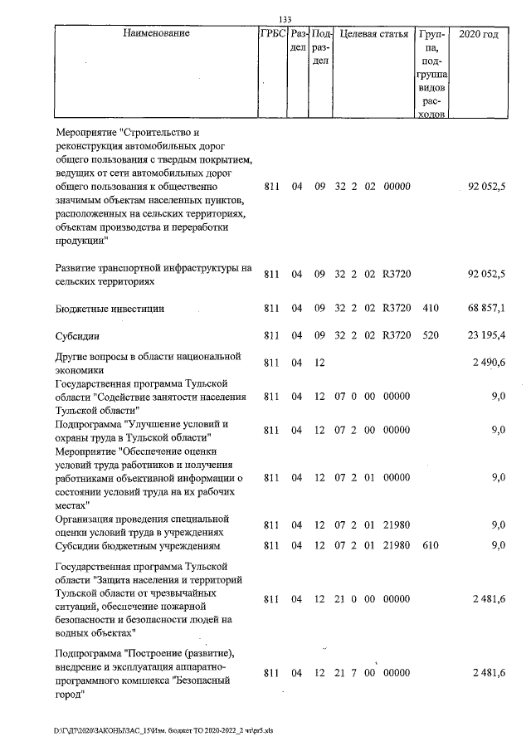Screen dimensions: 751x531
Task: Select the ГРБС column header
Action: click(273, 35)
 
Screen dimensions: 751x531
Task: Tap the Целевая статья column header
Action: click(374, 35)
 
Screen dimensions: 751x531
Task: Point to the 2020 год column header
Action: click(483, 35)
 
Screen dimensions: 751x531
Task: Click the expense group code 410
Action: click(431, 309)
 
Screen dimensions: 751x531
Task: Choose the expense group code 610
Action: click(431, 545)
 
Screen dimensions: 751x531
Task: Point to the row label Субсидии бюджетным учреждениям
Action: click(136, 545)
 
